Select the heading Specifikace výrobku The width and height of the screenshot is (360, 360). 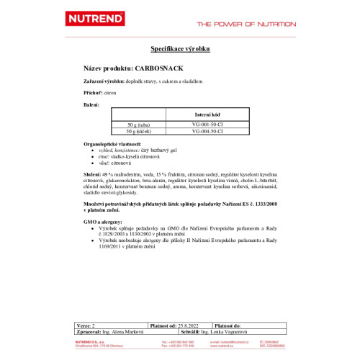click(179, 48)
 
